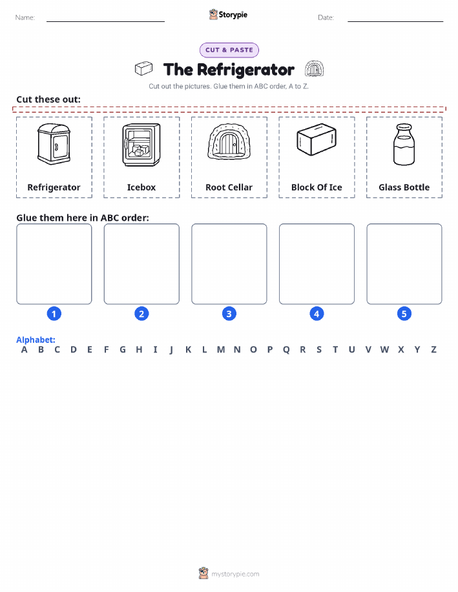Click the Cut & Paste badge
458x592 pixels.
click(x=229, y=50)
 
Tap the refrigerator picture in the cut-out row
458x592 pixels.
click(x=54, y=144)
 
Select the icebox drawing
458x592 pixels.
click(x=141, y=145)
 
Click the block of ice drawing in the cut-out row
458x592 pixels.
click(x=317, y=139)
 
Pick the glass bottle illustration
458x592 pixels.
click(x=404, y=145)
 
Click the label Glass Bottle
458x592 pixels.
click(x=404, y=187)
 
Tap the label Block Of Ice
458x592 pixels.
click(x=317, y=187)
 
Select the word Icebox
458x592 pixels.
click(x=141, y=187)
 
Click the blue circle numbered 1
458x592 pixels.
click(x=54, y=314)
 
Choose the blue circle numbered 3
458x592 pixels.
click(x=229, y=314)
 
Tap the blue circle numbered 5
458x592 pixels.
click(x=404, y=314)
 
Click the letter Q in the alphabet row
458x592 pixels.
click(x=286, y=350)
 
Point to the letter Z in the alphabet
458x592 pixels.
click(x=434, y=350)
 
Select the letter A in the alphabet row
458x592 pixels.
click(x=24, y=350)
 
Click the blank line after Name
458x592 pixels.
click(x=105, y=21)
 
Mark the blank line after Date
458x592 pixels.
click(x=395, y=21)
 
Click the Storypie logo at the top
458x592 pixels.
click(x=228, y=15)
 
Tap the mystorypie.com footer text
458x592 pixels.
click(x=235, y=574)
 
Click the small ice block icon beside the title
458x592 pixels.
click(x=143, y=68)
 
